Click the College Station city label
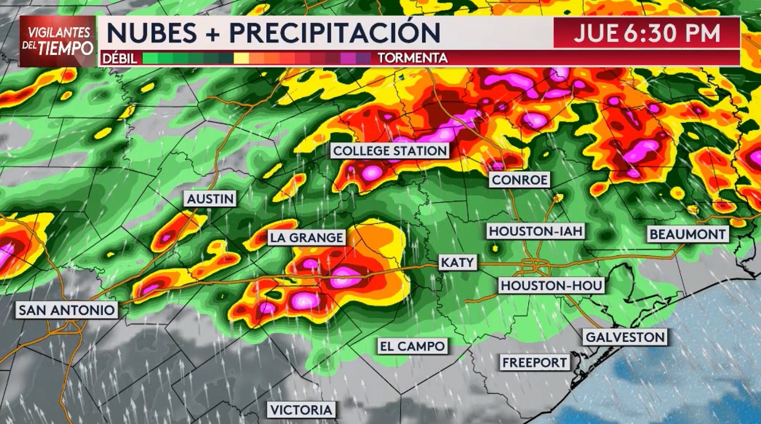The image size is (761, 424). click(x=390, y=151)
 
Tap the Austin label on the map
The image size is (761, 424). click(x=210, y=198)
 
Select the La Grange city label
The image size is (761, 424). click(x=307, y=237)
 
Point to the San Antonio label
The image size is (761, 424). click(x=67, y=310)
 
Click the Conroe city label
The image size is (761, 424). click(x=519, y=180)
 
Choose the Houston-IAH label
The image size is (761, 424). click(x=535, y=231)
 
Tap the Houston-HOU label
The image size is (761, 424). click(x=551, y=285)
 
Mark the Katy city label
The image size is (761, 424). click(x=457, y=263)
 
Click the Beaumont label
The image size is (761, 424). click(x=688, y=234)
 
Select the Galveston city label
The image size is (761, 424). click(x=625, y=337)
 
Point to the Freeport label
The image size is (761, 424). click(x=534, y=363)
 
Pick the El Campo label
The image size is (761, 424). click(x=412, y=347)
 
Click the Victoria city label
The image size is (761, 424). click(x=301, y=410)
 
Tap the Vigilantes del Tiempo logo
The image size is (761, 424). click(x=57, y=41)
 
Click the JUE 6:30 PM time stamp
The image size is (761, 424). click(x=646, y=33)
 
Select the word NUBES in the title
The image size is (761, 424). click(x=151, y=33)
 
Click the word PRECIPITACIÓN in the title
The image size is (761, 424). click(x=334, y=33)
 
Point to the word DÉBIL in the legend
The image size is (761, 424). click(x=120, y=58)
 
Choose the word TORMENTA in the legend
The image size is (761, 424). click(x=412, y=58)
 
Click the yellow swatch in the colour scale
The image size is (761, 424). click(x=241, y=58)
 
